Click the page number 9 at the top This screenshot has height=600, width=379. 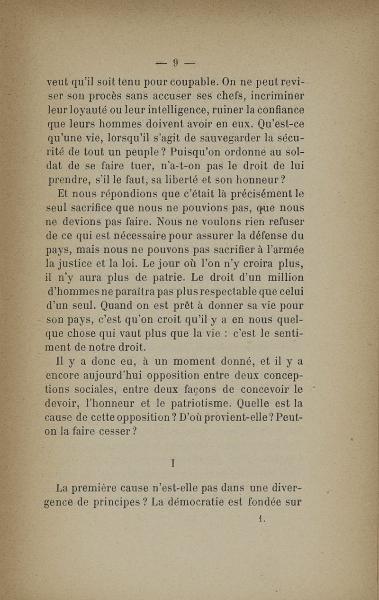pos(175,63)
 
